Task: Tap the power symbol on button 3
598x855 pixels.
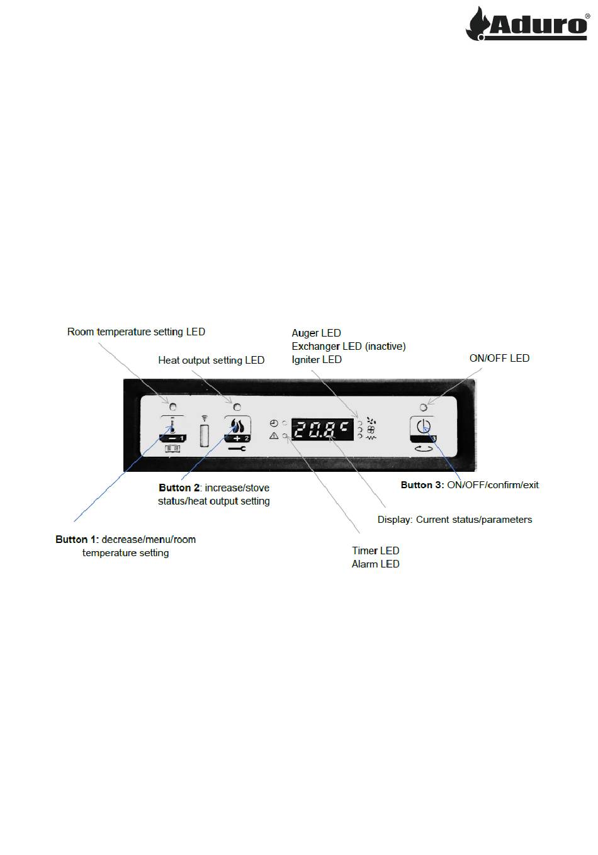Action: tap(424, 425)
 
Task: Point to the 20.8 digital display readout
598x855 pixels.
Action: tap(322, 430)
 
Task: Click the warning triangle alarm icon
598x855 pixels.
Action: tap(274, 435)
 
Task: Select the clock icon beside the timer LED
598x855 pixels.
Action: tap(274, 423)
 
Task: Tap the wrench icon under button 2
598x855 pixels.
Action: tap(237, 449)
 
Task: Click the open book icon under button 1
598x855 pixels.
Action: tap(172, 449)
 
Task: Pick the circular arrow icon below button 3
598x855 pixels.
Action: tap(424, 449)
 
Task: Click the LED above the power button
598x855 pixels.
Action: tap(423, 407)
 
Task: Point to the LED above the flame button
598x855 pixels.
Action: tap(237, 407)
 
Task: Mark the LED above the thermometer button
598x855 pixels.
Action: tap(172, 407)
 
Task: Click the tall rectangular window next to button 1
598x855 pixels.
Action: tap(205, 436)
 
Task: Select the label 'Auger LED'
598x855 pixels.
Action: tap(316, 333)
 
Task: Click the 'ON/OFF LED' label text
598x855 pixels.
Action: tap(499, 359)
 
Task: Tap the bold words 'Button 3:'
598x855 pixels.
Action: tap(422, 485)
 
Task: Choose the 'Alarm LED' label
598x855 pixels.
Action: tap(375, 564)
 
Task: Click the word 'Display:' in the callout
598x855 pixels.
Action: tap(395, 520)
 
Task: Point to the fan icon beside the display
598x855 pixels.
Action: tap(370, 430)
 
